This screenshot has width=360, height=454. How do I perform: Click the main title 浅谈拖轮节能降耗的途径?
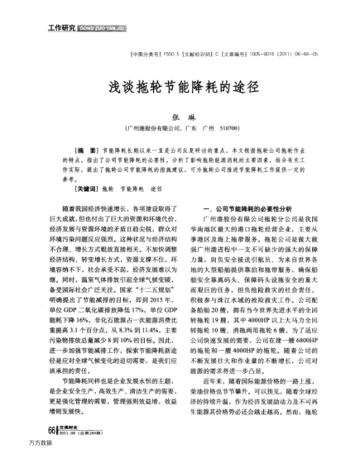pyautogui.click(x=180, y=87)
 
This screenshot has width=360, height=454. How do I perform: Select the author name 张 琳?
pyautogui.click(x=179, y=119)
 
